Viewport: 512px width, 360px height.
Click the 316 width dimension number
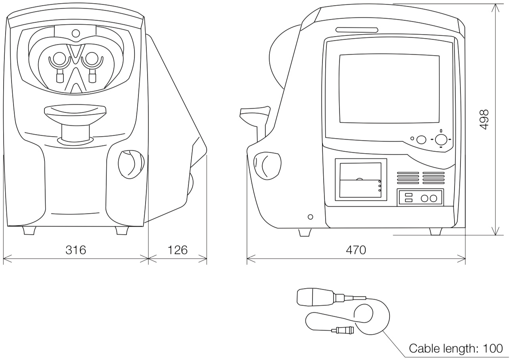click(76, 250)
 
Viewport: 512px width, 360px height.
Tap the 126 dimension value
click(177, 250)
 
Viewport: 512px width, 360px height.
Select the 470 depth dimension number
click(356, 250)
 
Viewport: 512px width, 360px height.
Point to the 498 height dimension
click(484, 119)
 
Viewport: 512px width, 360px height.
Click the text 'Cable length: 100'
click(456, 348)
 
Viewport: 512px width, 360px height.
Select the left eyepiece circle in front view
click(59, 59)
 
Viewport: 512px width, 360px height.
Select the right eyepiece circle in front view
click(92, 59)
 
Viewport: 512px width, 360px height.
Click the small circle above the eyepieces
click(75, 34)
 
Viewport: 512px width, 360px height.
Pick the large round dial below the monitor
click(441, 139)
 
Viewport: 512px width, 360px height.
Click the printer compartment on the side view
click(361, 179)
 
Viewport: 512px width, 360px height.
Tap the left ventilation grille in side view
click(408, 178)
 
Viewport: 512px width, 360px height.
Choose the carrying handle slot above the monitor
click(357, 30)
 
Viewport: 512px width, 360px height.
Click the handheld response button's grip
click(315, 297)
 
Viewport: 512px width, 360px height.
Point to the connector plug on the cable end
click(342, 329)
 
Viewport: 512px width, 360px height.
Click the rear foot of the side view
click(435, 231)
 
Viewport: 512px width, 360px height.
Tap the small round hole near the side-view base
click(310, 217)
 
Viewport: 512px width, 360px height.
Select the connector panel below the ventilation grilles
click(420, 198)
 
